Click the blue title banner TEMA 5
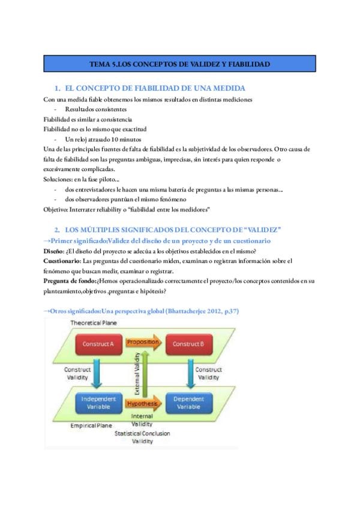click(x=179, y=63)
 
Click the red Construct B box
click(x=190, y=344)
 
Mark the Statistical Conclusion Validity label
click(x=142, y=437)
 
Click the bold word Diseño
click(x=55, y=251)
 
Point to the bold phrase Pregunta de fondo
click(x=71, y=281)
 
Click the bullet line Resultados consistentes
click(x=96, y=109)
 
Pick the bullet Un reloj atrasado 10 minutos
click(x=102, y=139)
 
